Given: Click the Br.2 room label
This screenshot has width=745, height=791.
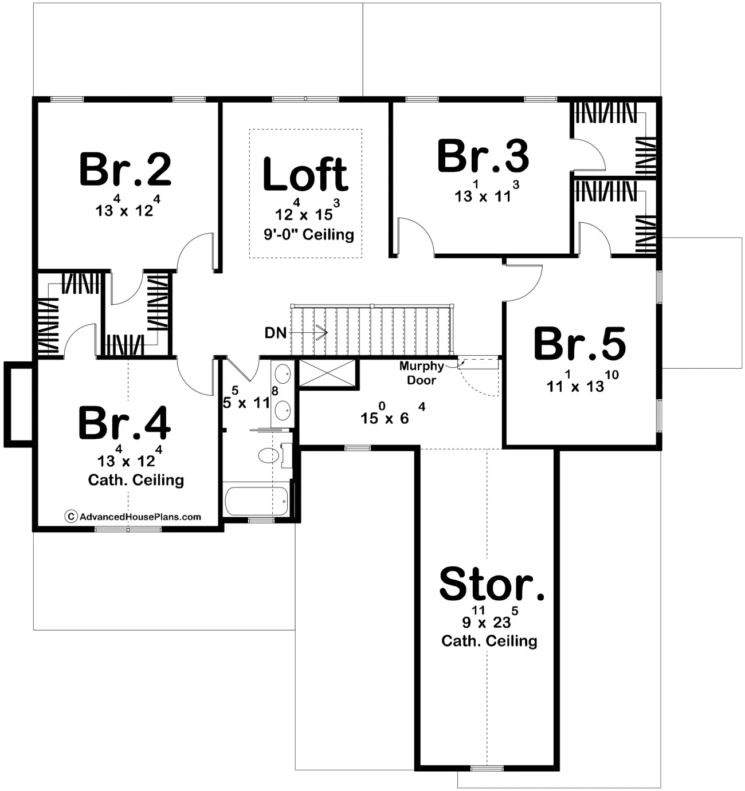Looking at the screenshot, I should [x=125, y=170].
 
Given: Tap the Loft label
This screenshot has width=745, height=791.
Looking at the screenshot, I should [x=305, y=174].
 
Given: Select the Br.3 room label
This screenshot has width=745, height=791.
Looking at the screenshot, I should [x=483, y=156].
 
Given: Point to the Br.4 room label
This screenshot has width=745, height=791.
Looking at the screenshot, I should [x=124, y=424].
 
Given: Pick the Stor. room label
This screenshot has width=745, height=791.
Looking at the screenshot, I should [x=492, y=584].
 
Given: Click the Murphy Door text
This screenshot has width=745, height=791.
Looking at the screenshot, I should [x=421, y=373].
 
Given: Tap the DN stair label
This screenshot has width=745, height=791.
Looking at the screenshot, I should [x=276, y=333].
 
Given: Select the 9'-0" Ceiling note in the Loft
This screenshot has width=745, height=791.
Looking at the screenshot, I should [x=309, y=234].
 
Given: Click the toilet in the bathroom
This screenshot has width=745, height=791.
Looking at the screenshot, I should [x=268, y=456].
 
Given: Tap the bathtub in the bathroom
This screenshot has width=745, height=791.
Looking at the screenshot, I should [x=256, y=501].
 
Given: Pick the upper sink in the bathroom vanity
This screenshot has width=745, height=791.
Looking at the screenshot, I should [x=283, y=374].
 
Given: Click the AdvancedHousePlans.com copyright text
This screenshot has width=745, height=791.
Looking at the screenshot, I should [x=134, y=517].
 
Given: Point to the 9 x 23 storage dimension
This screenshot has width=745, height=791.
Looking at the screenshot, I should [x=489, y=620].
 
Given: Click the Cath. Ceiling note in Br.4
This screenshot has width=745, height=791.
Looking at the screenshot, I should [x=136, y=480].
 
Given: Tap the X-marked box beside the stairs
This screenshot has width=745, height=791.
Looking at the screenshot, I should [x=327, y=373].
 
